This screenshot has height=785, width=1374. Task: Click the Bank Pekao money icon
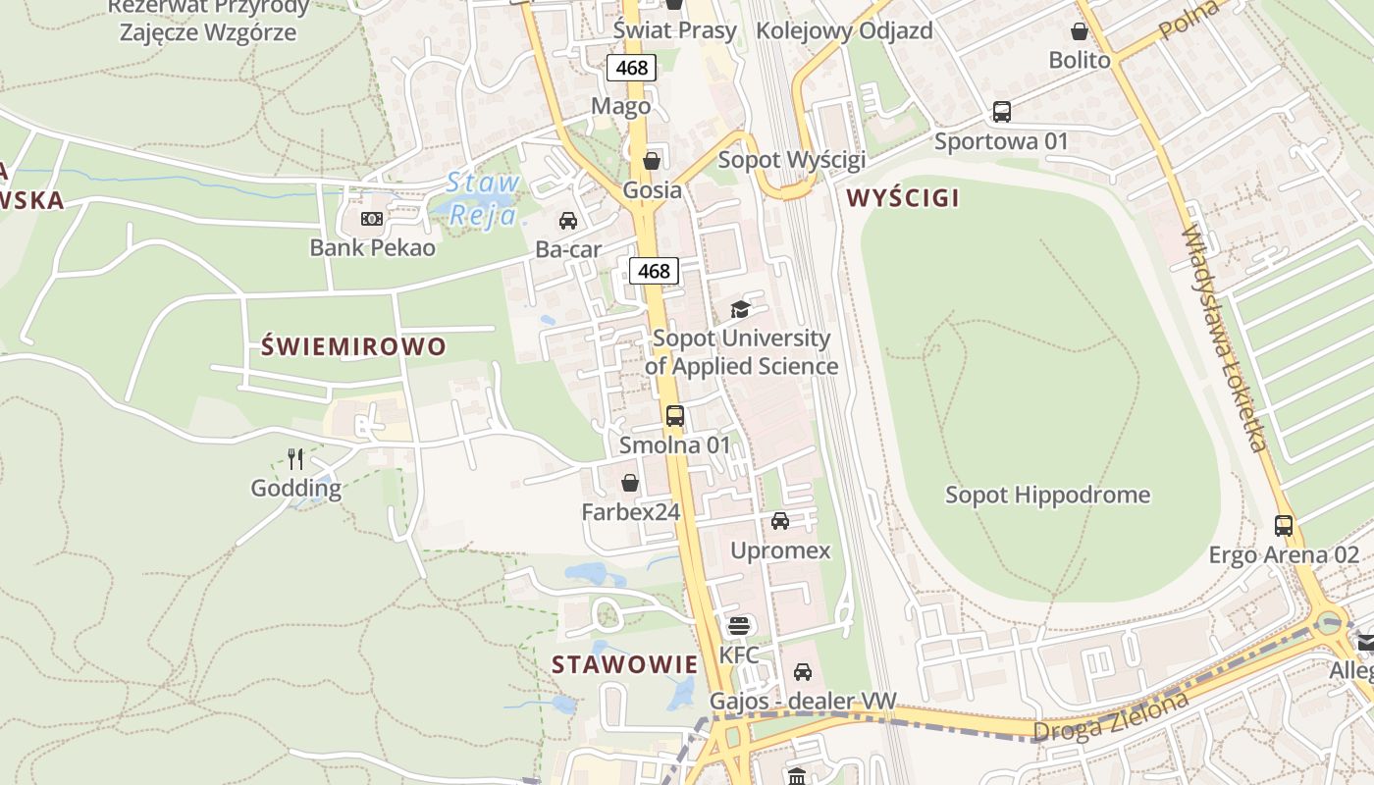tap(371, 219)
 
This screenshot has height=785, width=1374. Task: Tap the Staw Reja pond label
tap(483, 198)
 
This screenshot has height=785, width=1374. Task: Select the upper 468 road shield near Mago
tap(630, 67)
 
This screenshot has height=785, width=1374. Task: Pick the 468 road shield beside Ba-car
tap(654, 271)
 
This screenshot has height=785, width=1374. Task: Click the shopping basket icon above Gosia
tap(652, 160)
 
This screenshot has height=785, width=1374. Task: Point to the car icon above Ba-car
tap(567, 220)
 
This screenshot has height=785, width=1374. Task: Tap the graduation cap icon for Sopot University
tap(740, 310)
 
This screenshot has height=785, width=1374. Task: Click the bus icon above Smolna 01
tap(674, 415)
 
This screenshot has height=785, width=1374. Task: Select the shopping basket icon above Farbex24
tap(630, 483)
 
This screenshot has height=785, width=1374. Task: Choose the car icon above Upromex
tap(780, 520)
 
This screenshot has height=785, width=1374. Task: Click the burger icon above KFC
tap(738, 625)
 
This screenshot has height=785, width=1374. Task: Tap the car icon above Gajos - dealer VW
tap(803, 672)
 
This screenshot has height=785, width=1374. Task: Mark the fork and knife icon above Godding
tap(294, 458)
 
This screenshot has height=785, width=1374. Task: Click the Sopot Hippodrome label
tap(1047, 495)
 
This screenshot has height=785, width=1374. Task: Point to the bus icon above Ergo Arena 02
tap(1284, 525)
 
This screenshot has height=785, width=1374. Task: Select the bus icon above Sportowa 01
tap(1001, 111)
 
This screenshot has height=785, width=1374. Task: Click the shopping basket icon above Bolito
tap(1080, 31)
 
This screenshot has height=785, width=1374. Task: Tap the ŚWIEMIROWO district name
tap(354, 346)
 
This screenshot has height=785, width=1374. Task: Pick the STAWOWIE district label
tap(624, 664)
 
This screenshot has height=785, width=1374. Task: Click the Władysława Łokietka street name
tap(1222, 339)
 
